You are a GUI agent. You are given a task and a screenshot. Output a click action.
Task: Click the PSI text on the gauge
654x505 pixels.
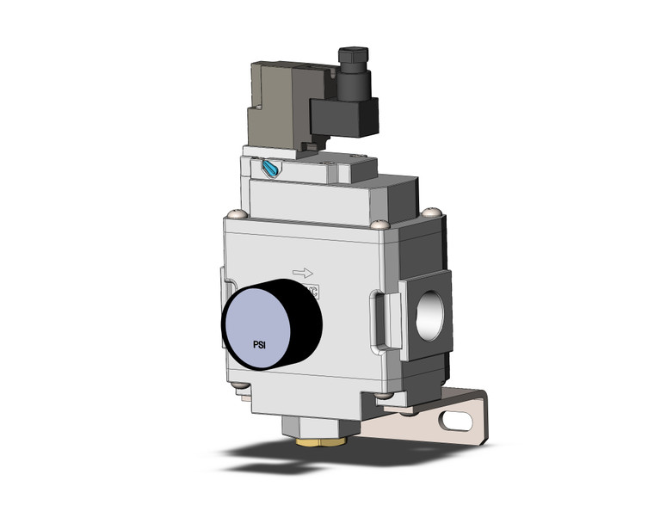pos(258,344)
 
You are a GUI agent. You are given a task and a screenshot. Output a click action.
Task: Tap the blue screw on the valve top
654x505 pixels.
pos(274,170)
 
